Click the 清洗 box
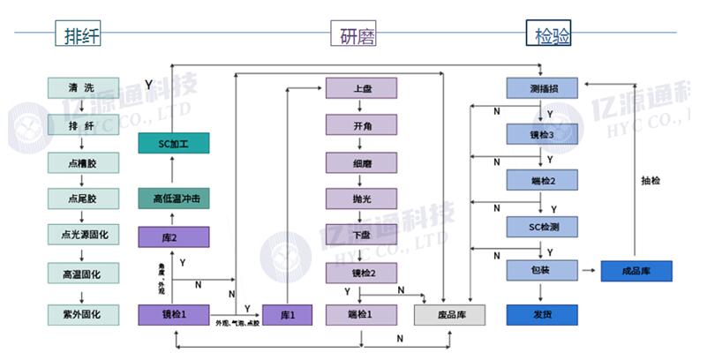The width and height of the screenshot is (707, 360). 82,89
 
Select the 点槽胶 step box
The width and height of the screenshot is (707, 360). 82,162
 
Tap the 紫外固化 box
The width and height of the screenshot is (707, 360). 82,314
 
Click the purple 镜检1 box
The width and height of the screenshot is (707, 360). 173,314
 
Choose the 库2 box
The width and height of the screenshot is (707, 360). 173,237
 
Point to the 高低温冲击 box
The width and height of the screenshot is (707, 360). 173,199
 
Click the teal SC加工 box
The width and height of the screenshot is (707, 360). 173,143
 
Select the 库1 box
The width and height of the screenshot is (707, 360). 288,314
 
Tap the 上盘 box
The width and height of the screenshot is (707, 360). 361,89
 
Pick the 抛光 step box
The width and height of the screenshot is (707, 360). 361,199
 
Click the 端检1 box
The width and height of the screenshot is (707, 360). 361,314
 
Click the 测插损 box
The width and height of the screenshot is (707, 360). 542,89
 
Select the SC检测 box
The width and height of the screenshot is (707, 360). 542,228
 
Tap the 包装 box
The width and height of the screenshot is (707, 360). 542,271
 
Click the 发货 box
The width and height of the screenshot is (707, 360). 542,314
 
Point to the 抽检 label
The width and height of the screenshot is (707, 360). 651,181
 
